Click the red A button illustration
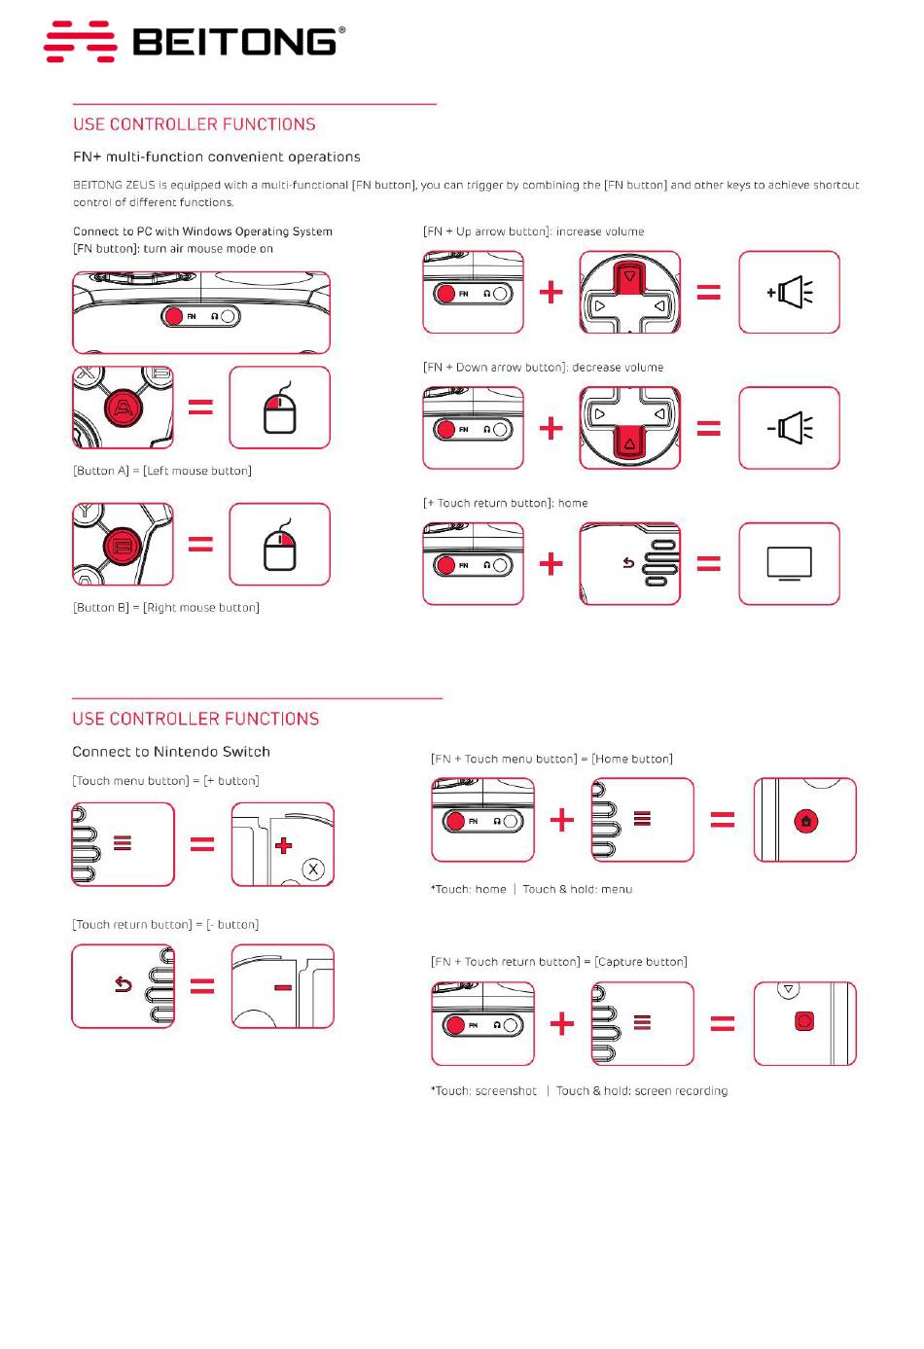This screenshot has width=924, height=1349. [122, 408]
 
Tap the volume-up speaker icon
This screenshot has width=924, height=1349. [789, 292]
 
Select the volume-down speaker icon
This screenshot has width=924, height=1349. [789, 428]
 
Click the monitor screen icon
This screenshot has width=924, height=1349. [789, 563]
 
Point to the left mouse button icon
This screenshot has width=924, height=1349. [279, 412]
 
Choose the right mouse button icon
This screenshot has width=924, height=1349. [279, 549]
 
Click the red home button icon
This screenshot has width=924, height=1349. [805, 821]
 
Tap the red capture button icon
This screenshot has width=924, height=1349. [804, 1021]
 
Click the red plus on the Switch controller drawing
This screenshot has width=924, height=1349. [283, 845]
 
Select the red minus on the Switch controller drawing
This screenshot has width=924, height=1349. [283, 988]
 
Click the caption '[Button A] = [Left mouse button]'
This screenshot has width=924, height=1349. [162, 471]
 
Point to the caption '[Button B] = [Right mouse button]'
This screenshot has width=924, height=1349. [166, 608]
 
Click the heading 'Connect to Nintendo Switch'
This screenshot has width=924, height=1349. [171, 752]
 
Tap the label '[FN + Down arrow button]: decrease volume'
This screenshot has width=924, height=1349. [543, 368]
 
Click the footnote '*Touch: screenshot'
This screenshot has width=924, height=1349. [483, 1091]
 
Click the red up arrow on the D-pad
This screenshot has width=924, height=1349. [630, 277]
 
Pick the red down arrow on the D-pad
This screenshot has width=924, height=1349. [630, 444]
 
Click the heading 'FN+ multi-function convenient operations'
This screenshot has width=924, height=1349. [217, 157]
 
